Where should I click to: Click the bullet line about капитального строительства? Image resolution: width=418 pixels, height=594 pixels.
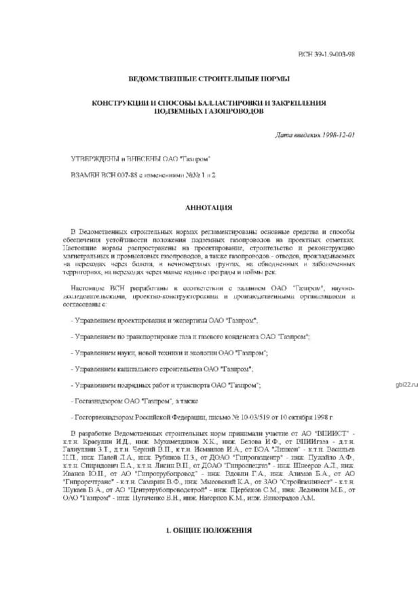pos(163,369)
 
